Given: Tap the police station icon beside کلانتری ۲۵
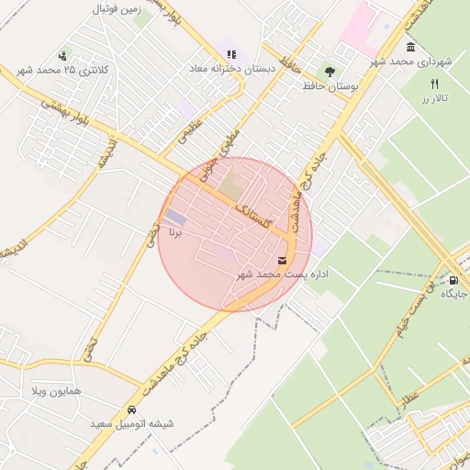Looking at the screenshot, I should (63, 55).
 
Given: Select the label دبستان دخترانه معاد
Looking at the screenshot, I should (191, 69).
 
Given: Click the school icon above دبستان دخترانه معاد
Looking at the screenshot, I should (232, 54).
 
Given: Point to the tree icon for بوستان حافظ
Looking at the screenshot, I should (329, 71).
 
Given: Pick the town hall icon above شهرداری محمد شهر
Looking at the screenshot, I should (409, 48).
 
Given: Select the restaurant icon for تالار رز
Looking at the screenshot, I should (435, 84).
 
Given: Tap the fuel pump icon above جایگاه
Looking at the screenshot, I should (453, 280).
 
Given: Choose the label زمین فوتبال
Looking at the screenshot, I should (116, 8).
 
